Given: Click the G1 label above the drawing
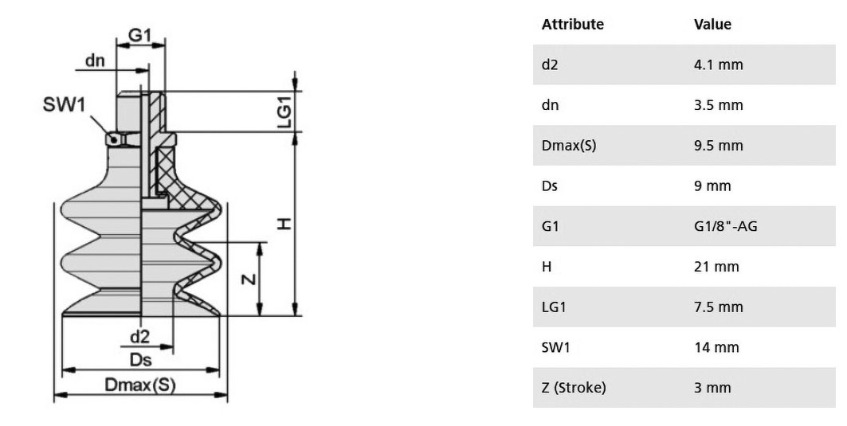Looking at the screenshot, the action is (x=139, y=35).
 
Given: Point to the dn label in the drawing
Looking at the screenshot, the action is (x=95, y=60).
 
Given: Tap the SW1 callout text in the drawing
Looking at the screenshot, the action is (x=65, y=104).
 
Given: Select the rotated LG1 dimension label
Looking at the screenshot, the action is (x=284, y=111).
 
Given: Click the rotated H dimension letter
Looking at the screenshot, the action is (x=284, y=224).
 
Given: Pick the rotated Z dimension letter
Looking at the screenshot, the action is (x=249, y=279).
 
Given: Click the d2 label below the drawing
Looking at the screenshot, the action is (x=139, y=337).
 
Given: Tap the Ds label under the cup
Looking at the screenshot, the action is (x=140, y=360).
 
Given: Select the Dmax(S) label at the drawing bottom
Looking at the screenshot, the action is (x=140, y=385).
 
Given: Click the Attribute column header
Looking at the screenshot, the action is (x=573, y=25).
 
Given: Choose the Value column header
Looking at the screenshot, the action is (x=712, y=25).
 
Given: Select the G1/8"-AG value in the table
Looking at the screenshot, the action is (x=725, y=225).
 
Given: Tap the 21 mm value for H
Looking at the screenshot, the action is (x=716, y=266).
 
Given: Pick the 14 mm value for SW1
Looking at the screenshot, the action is (x=716, y=347).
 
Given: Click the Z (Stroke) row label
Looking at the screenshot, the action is (x=574, y=388).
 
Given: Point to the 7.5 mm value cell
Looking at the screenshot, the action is (x=719, y=307).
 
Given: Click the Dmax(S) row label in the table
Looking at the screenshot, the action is (x=569, y=145).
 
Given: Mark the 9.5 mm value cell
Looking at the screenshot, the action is (x=719, y=145).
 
